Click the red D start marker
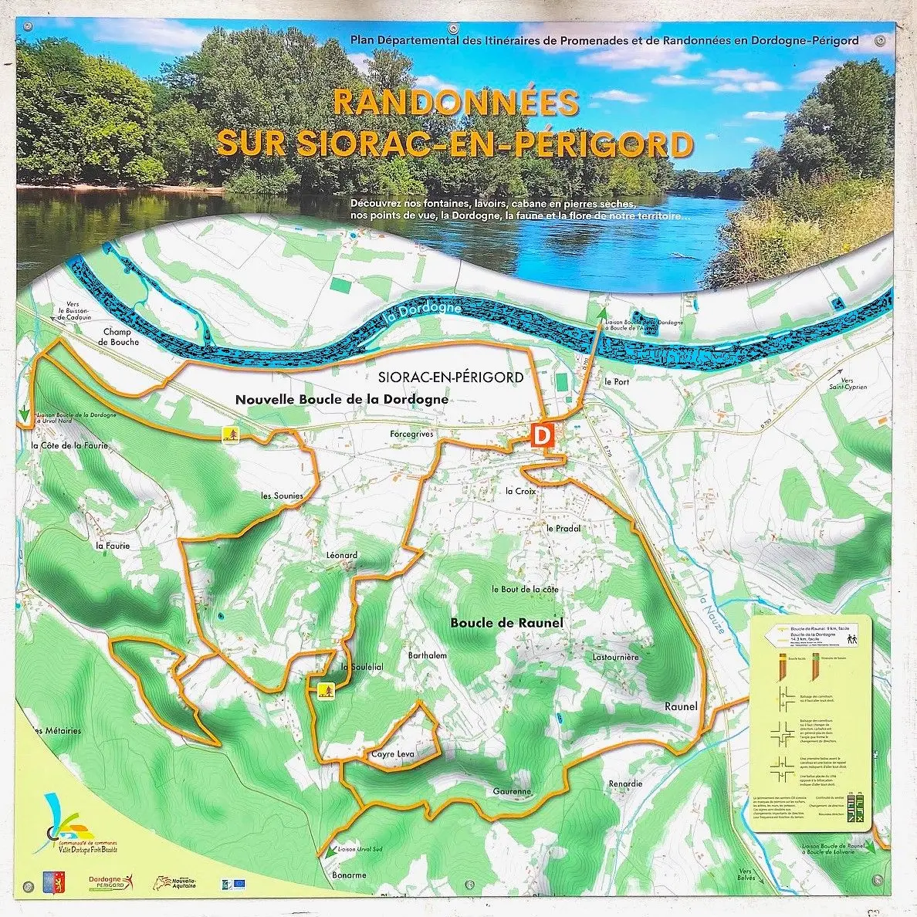point(543,435)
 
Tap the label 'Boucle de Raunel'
point(506,623)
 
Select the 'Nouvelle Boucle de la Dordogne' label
point(342,399)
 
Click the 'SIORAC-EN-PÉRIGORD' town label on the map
point(452,377)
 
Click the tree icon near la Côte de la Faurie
point(230,435)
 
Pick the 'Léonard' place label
point(342,555)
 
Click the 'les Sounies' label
point(282,496)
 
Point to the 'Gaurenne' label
point(513,791)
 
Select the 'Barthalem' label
point(427,655)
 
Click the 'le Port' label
point(618,381)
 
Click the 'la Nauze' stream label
point(711,614)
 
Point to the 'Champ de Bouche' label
point(120,337)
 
